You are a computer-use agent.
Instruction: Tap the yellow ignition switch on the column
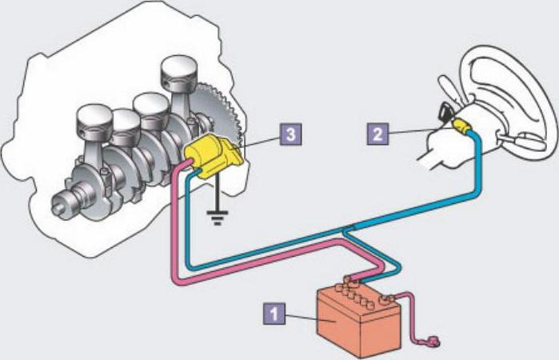(461, 126)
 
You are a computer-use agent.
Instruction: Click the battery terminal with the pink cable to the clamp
(386, 300)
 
